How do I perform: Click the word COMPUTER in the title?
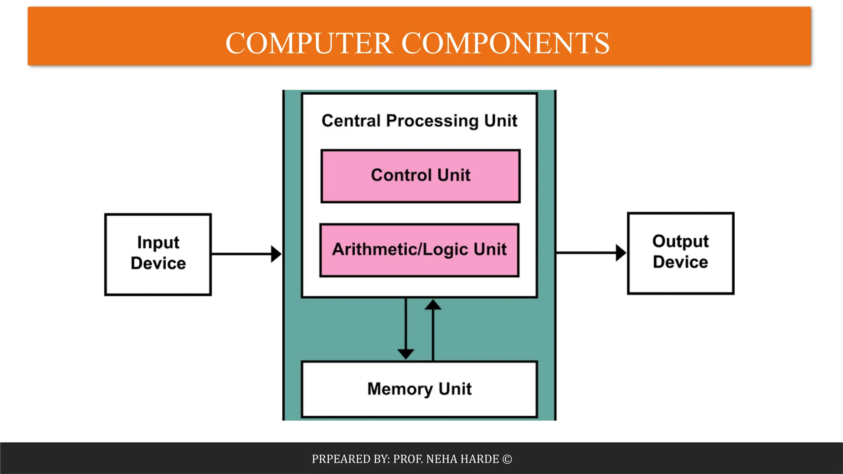(x=309, y=43)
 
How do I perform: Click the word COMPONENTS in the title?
(x=505, y=43)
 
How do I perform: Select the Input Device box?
(x=158, y=254)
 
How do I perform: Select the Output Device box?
(x=680, y=253)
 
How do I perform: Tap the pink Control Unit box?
(x=420, y=176)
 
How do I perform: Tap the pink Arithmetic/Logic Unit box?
(x=419, y=250)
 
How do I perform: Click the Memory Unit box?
(x=419, y=389)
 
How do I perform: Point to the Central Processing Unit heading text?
(x=419, y=121)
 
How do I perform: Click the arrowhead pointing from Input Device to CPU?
(x=276, y=254)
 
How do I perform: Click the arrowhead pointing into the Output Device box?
(x=621, y=253)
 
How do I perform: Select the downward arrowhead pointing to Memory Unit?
(x=406, y=354)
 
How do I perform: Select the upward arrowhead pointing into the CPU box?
(x=433, y=305)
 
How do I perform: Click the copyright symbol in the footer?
(x=507, y=459)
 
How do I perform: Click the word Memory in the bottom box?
(x=400, y=389)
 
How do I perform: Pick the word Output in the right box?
(x=680, y=242)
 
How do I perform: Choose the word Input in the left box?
(x=158, y=243)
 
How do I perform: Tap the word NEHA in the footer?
(x=442, y=459)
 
